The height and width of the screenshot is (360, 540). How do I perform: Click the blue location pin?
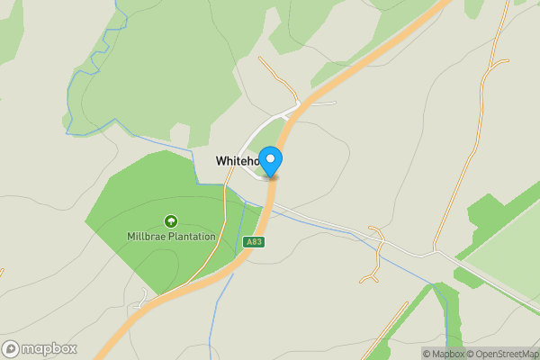pos(271,161)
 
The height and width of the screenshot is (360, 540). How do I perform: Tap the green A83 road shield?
pos(254,242)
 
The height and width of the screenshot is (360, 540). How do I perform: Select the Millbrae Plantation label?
pos(171,237)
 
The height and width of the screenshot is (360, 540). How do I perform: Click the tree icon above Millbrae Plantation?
pos(171,221)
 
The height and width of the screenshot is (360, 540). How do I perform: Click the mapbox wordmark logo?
pos(49,349)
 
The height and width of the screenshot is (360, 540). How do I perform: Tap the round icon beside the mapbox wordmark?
pos(12,349)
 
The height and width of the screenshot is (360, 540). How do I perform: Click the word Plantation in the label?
pos(190,237)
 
